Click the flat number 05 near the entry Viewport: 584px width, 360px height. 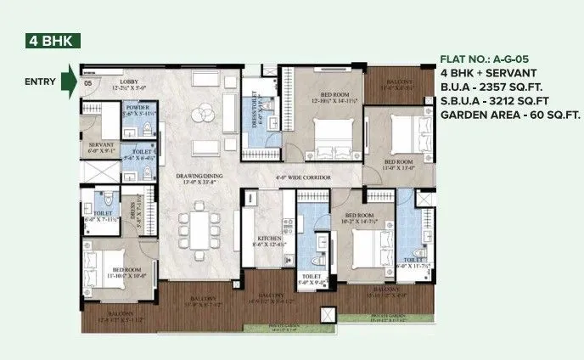87,83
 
